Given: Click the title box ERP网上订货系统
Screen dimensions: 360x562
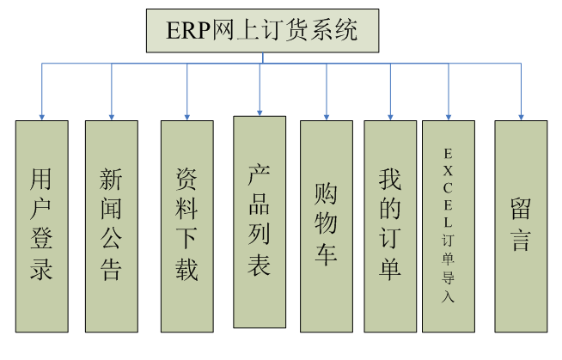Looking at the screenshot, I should pos(262,32).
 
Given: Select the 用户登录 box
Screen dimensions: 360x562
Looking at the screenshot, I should pos(41,225).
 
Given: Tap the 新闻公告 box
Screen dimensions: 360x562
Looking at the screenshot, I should pos(111,225).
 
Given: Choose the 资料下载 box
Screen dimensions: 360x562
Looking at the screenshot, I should pos(186,225).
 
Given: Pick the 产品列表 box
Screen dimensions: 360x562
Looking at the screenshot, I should pos(260,221).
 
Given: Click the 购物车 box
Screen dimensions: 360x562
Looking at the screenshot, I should pos(326,225).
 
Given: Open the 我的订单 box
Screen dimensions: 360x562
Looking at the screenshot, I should pos(390,225).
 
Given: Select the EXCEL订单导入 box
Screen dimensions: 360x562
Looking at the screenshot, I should pos(448,225).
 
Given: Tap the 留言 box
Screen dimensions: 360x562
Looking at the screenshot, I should pos(521,225).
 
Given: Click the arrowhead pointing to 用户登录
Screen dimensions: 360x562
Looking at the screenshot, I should pos(41,116).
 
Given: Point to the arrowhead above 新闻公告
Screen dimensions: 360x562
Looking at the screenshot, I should pos(111,116).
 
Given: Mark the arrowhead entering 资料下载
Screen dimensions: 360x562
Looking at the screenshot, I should pos(186,116).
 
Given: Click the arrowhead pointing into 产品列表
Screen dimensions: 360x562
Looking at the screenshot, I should pos(260,112).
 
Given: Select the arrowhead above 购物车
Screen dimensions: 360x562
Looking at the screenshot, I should pos(326,116).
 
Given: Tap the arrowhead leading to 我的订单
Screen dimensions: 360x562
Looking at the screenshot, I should pos(390,116).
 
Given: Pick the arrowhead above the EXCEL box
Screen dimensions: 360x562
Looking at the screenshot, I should pos(448,116).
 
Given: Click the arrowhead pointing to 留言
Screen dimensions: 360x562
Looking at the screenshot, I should pos(521,116).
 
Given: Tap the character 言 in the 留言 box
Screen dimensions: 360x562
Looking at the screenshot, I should pos(521,240).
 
